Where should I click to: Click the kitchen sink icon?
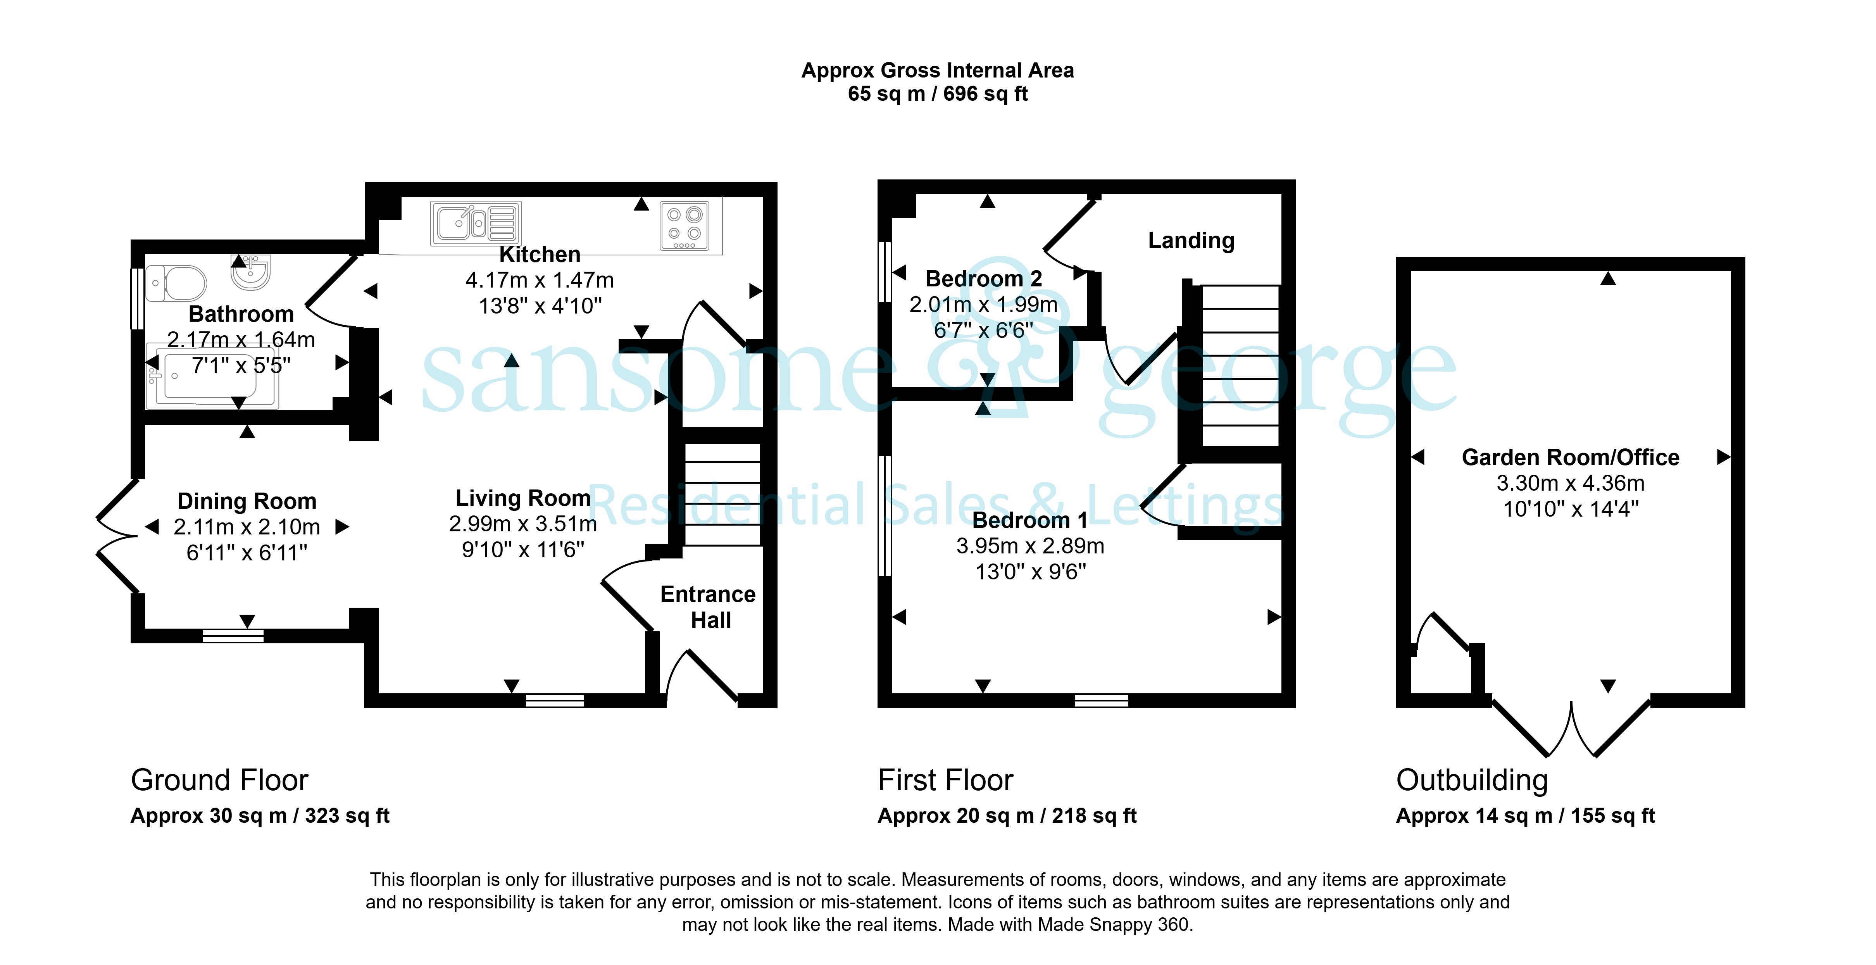pos(476,223)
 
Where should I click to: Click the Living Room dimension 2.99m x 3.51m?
pos(523,524)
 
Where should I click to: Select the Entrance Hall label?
pos(708,607)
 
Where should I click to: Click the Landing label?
pos(1191,240)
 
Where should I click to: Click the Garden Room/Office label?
pos(1571,457)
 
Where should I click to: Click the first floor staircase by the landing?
pos(1240,365)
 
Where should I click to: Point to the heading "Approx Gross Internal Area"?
pos(937,71)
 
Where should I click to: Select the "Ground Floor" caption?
pos(219,780)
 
